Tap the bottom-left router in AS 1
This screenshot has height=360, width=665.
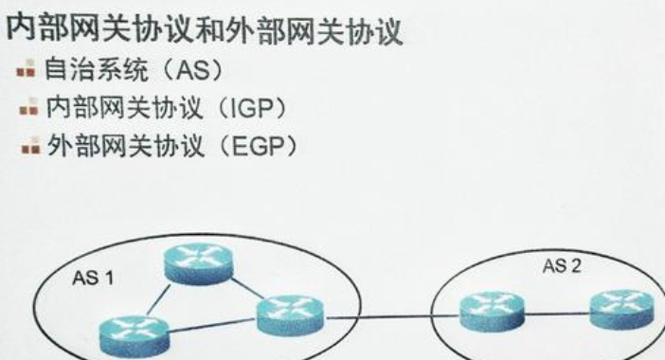134,334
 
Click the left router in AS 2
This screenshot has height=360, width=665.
491,309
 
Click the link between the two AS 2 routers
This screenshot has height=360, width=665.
556,310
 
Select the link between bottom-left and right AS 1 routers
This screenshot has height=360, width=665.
211,325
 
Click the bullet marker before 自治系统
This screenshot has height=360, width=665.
26,70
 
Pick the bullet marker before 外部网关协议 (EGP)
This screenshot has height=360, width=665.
26,147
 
